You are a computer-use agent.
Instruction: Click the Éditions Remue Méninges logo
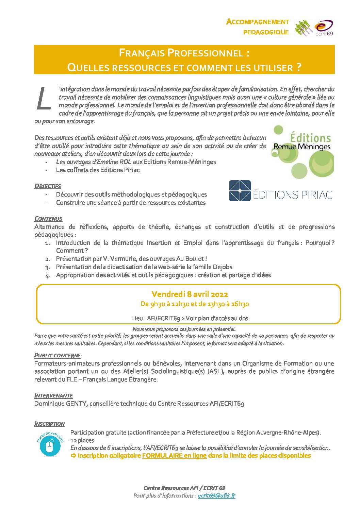(x=302, y=151)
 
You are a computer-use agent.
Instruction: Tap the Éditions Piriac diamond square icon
(x=240, y=191)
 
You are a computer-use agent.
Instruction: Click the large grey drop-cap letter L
(x=44, y=99)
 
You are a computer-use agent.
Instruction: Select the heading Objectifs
(x=48, y=186)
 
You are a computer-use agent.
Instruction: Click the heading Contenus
(x=48, y=219)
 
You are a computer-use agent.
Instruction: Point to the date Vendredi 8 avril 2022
(x=190, y=294)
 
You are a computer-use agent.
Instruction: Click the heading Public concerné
(x=57, y=355)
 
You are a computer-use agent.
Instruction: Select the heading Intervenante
(x=53, y=395)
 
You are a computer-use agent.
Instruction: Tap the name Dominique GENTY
(x=60, y=404)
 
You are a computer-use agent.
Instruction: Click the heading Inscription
(x=49, y=424)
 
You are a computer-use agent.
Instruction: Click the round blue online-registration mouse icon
(x=50, y=444)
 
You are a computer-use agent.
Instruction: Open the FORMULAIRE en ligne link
(x=174, y=456)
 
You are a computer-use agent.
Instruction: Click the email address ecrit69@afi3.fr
(x=216, y=496)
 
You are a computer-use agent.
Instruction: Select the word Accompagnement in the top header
(x=258, y=22)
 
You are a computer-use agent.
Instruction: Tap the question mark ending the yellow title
(x=298, y=67)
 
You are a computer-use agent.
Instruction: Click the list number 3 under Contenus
(x=47, y=267)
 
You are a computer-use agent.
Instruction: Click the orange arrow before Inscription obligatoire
(x=73, y=456)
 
